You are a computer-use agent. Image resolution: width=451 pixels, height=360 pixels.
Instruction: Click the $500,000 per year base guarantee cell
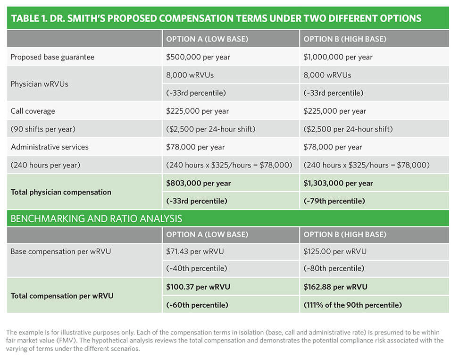click(198, 57)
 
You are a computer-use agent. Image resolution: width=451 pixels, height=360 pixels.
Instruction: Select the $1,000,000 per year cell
click(338, 57)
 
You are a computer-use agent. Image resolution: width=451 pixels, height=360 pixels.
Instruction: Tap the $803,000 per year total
click(199, 183)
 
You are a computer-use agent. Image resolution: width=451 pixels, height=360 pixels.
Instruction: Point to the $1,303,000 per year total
click(338, 183)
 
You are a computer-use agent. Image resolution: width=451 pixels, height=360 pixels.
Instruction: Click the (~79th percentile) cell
click(334, 201)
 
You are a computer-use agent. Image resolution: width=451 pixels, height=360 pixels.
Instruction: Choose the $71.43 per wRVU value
click(195, 251)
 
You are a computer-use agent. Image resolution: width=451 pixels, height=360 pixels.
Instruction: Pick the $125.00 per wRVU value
click(335, 251)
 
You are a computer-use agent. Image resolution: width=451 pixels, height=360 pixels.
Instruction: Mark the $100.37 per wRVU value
click(198, 287)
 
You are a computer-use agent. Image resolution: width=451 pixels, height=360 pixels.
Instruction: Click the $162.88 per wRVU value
click(335, 287)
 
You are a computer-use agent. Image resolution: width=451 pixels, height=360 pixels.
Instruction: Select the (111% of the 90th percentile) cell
click(352, 305)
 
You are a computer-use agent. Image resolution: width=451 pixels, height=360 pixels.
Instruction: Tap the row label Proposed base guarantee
click(52, 57)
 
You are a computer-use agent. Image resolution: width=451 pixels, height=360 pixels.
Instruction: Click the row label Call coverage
click(33, 111)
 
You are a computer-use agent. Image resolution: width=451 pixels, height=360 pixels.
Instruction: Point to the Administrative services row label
click(50, 147)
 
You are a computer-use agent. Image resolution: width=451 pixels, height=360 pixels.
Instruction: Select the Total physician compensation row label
click(61, 192)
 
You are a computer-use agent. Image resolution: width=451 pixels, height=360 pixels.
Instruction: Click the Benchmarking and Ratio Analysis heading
click(96, 219)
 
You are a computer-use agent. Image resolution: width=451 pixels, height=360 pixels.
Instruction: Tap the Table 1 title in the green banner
click(216, 18)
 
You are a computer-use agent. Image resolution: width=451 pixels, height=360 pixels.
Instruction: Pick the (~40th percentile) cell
click(196, 268)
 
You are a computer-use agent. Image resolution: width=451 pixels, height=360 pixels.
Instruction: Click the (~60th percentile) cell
click(197, 305)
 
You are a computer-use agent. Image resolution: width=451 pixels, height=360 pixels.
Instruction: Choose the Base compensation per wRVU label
click(60, 251)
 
